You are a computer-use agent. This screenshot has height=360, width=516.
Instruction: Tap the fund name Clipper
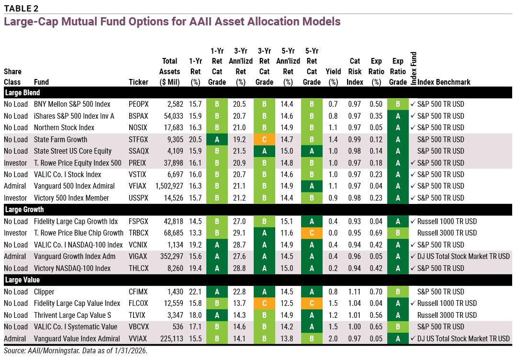click(x=44, y=292)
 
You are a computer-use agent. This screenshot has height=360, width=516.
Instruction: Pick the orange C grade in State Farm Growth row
click(x=264, y=140)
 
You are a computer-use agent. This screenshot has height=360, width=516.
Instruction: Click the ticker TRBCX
click(x=139, y=233)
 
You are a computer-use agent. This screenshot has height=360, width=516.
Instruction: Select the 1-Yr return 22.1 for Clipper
click(x=195, y=292)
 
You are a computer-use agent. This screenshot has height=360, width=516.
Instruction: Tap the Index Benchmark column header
click(x=444, y=82)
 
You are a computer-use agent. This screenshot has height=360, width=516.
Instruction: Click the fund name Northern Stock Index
click(x=64, y=128)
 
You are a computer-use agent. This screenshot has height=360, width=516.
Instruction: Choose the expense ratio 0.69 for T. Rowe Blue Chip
click(x=376, y=233)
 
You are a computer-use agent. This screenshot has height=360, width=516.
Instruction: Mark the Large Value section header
click(x=22, y=280)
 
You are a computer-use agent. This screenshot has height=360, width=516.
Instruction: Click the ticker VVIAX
click(x=139, y=339)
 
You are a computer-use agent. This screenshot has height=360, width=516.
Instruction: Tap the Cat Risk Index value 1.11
click(x=354, y=292)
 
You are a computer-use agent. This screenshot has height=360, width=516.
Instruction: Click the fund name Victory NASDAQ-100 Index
click(x=71, y=269)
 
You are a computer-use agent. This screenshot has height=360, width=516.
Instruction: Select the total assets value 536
click(x=174, y=327)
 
